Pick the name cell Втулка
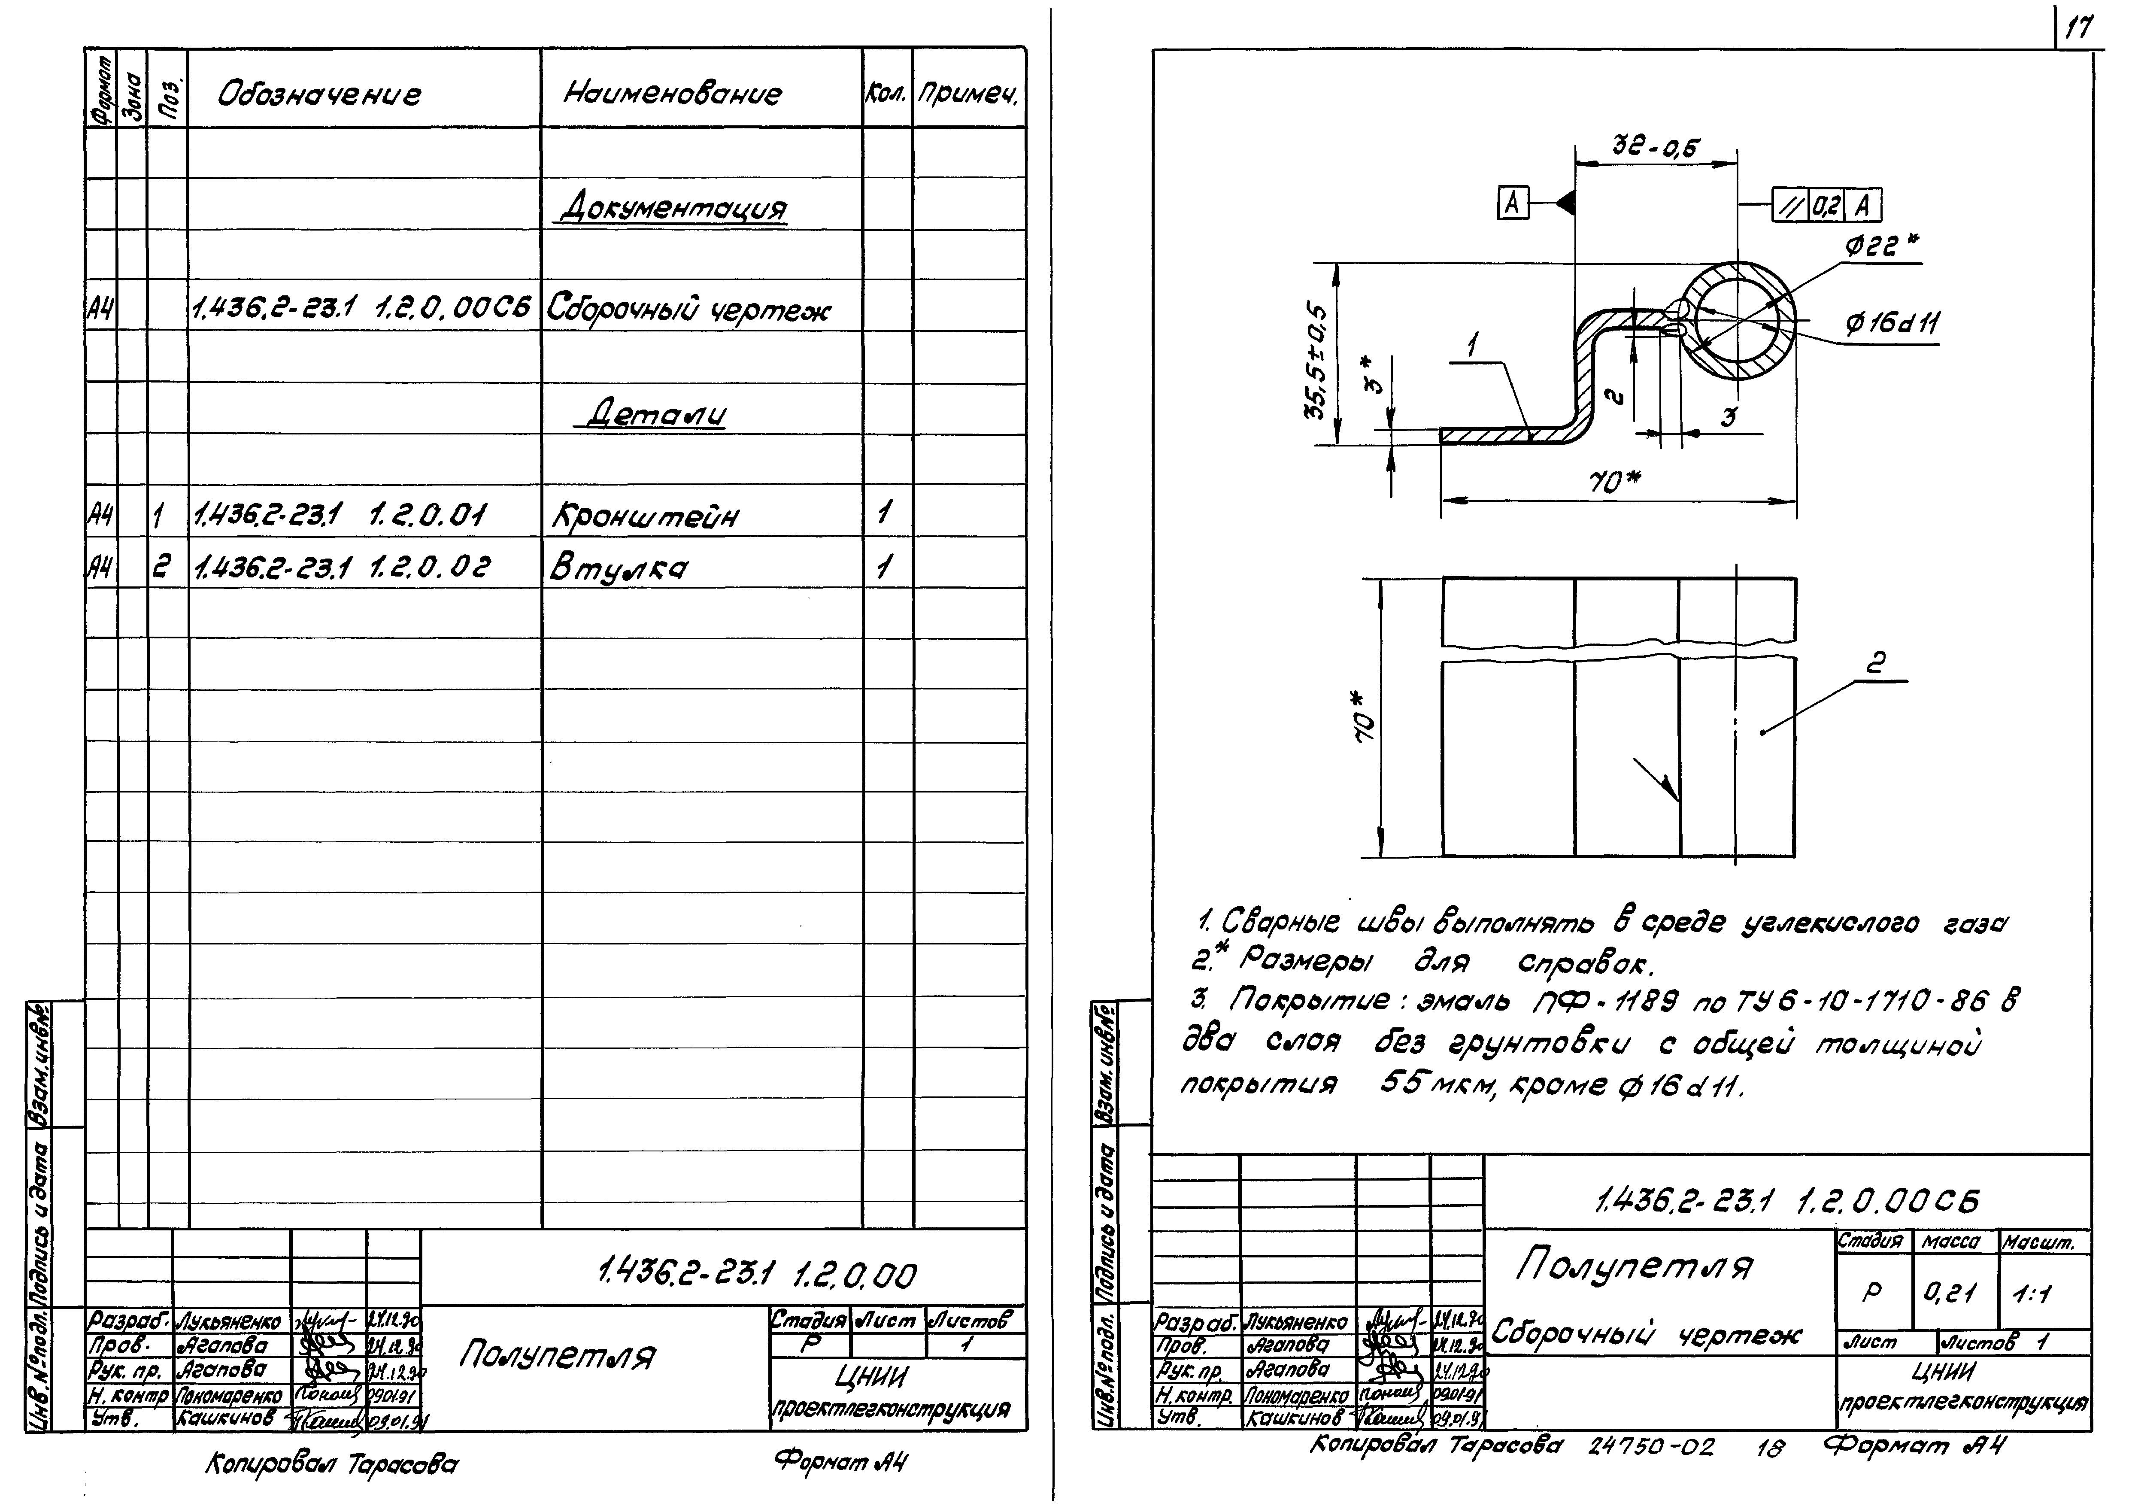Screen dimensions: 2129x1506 click(x=618, y=568)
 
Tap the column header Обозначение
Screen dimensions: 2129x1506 click(x=319, y=94)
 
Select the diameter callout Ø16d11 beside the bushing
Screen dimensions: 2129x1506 click(x=1892, y=324)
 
